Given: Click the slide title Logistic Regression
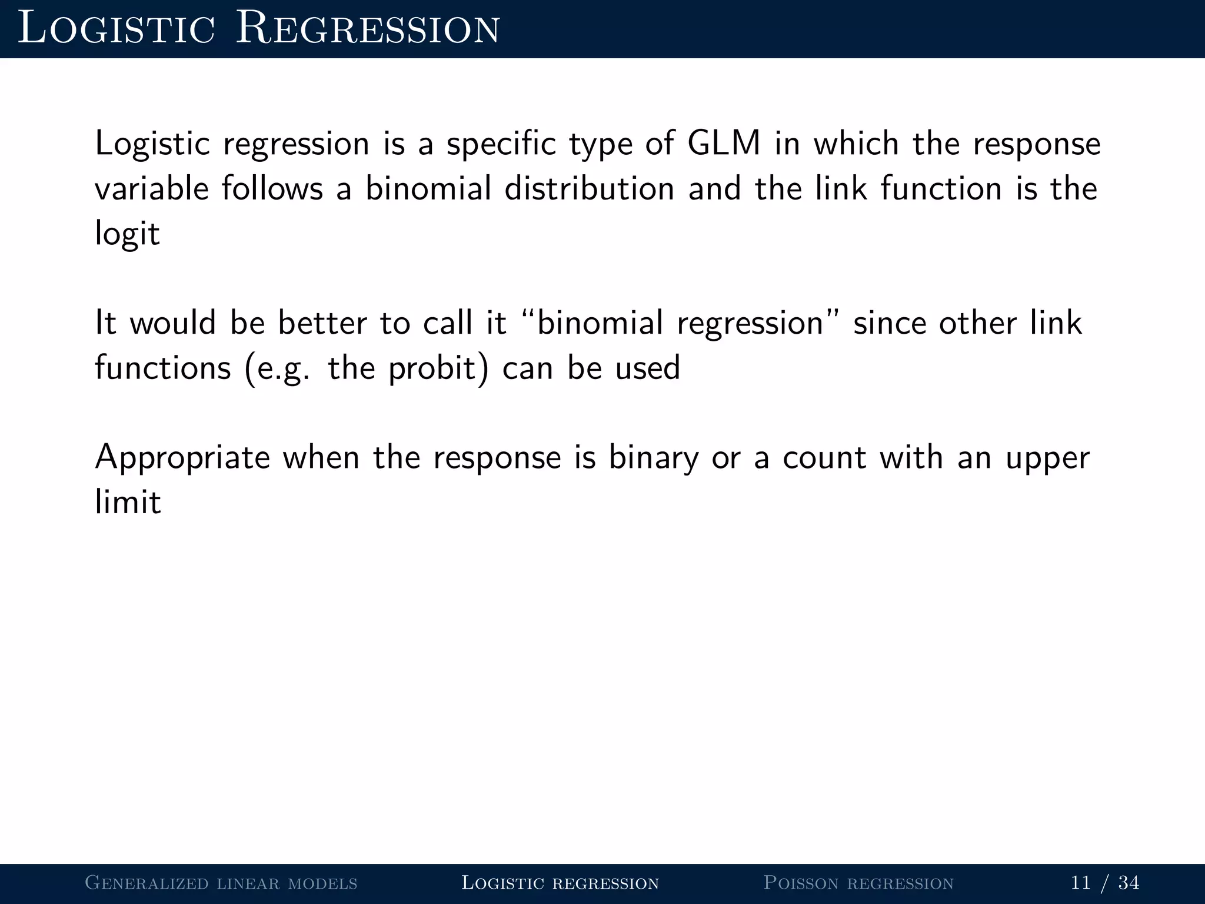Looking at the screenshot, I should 259,29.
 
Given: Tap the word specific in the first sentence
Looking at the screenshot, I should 501,144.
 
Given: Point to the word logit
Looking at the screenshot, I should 127,234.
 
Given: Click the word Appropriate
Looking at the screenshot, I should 182,458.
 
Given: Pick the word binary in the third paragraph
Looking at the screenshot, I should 653,458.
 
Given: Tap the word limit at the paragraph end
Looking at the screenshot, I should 128,503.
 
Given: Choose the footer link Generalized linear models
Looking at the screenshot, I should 221,883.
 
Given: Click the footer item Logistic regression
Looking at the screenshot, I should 560,883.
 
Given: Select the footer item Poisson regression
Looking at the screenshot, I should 858,883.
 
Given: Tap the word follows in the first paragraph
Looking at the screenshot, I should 272,189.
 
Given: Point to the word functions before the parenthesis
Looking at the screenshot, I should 163,368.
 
